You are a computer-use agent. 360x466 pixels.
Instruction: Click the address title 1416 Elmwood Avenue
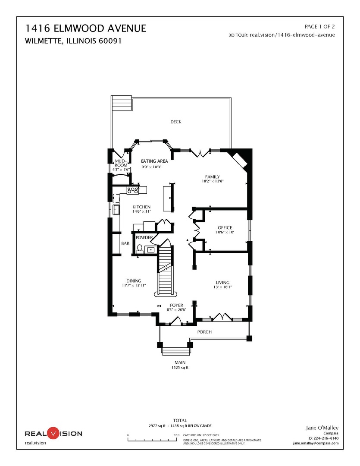[86, 29]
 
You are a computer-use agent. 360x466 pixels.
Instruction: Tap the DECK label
[175, 122]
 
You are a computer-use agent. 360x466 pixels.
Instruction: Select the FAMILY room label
[213, 177]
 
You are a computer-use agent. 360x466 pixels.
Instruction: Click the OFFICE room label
[225, 228]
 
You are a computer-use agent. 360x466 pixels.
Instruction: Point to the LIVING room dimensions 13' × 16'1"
[222, 287]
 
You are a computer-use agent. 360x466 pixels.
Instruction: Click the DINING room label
[134, 281]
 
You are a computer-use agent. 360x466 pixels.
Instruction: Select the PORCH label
[204, 332]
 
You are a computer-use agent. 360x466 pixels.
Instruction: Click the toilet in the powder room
[140, 249]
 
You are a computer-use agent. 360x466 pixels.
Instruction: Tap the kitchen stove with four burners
[133, 189]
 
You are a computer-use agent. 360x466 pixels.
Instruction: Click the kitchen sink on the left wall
[116, 210]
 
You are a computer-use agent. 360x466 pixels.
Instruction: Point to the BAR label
[125, 244]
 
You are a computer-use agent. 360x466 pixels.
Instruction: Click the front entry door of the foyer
[176, 321]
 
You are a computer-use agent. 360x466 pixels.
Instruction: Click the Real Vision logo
[53, 433]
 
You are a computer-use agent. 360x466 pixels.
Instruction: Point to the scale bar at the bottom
[153, 440]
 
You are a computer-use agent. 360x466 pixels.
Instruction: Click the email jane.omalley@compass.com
[316, 443]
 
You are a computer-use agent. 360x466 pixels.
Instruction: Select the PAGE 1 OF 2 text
[319, 26]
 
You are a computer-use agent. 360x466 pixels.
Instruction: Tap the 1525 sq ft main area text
[180, 368]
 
